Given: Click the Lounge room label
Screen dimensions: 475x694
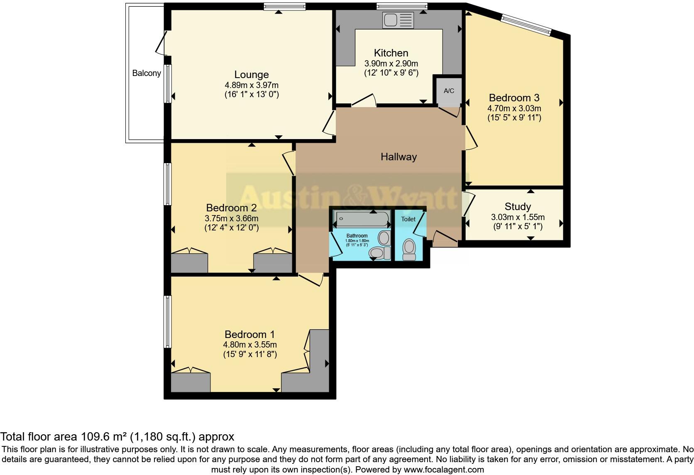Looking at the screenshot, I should click(252, 75).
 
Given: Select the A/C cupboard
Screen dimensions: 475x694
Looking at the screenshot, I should click(449, 91).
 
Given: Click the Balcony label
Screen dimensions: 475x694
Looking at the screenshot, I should click(147, 73).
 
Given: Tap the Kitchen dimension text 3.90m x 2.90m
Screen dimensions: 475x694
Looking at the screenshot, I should click(391, 64).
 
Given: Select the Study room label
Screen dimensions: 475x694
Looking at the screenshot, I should click(518, 206).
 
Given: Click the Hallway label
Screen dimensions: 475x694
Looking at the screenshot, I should click(398, 157).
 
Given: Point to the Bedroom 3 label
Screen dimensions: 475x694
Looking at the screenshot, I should click(514, 98).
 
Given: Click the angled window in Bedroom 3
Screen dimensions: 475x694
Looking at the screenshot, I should click(526, 25).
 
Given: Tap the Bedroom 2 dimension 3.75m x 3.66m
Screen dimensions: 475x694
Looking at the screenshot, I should click(232, 218).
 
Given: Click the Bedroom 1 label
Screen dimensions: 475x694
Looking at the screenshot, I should click(249, 334).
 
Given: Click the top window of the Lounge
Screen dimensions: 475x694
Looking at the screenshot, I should click(284, 6).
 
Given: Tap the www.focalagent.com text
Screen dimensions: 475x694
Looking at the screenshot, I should click(444, 470).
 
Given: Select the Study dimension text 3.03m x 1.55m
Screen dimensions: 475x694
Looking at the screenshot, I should click(518, 217).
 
